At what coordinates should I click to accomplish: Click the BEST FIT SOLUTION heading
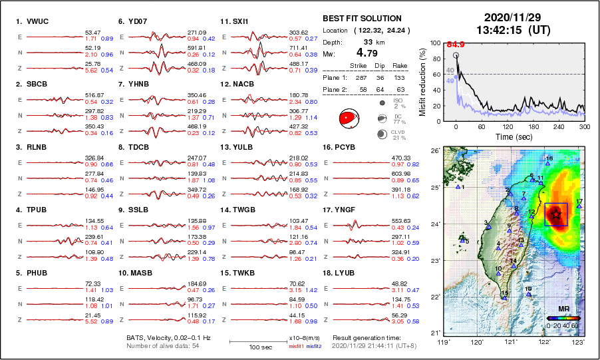coord(362,19)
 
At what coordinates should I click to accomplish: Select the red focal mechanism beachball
coord(348,118)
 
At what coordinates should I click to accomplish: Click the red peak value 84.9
coord(456,45)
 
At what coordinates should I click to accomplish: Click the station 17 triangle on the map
coord(579,206)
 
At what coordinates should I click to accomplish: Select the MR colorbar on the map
coord(563,319)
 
